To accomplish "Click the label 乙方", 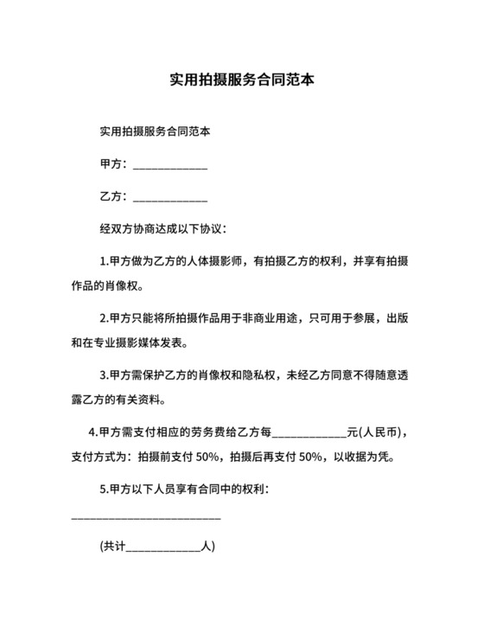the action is click(112, 196).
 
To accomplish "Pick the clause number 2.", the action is click(103, 317).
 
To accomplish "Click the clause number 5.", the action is click(103, 489).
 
